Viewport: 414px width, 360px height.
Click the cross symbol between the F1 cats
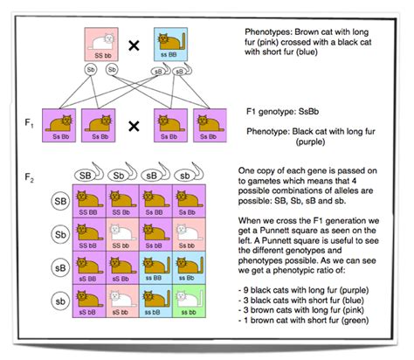coord(135,126)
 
